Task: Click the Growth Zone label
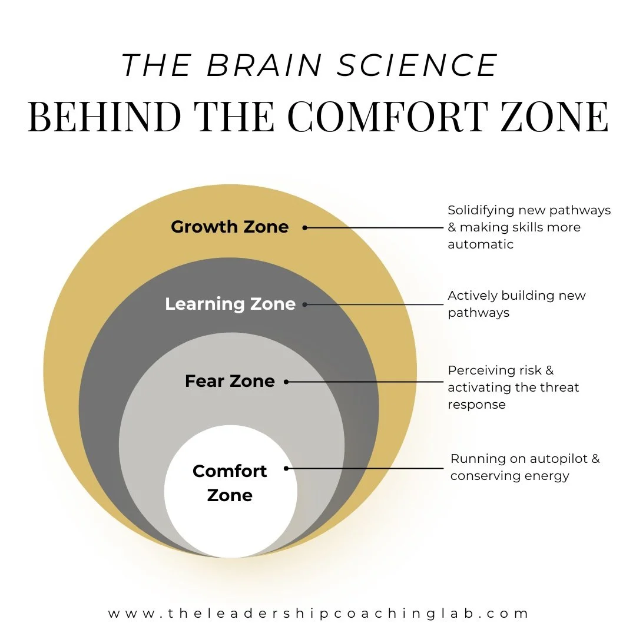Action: pyautogui.click(x=230, y=227)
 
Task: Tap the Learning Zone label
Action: pyautogui.click(x=230, y=304)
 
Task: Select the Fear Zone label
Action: pyautogui.click(x=230, y=381)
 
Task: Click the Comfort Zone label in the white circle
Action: pyautogui.click(x=230, y=483)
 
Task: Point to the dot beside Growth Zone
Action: pyautogui.click(x=304, y=227)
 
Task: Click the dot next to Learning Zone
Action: pyautogui.click(x=304, y=304)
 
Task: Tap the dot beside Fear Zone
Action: pyautogui.click(x=286, y=382)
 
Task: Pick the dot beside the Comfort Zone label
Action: pyautogui.click(x=286, y=469)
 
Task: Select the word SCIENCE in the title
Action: pyautogui.click(x=417, y=65)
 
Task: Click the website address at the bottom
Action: pyautogui.click(x=319, y=613)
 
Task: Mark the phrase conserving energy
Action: pyautogui.click(x=509, y=476)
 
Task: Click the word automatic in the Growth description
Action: pyautogui.click(x=481, y=244)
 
